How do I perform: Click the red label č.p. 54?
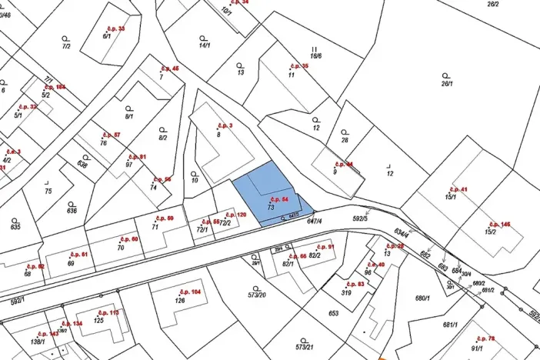click(281, 199)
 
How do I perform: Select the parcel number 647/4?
click(314, 222)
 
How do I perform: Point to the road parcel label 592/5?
click(360, 218)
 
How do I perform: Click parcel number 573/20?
click(257, 295)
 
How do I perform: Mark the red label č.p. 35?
click(298, 66)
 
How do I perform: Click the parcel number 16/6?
click(315, 56)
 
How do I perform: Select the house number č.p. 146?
click(499, 224)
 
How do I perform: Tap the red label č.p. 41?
click(458, 188)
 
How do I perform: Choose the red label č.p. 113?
click(108, 312)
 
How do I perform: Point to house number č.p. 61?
click(79, 254)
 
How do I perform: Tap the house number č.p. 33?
click(115, 28)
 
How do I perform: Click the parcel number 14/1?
click(205, 45)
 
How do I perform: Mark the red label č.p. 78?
click(485, 338)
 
